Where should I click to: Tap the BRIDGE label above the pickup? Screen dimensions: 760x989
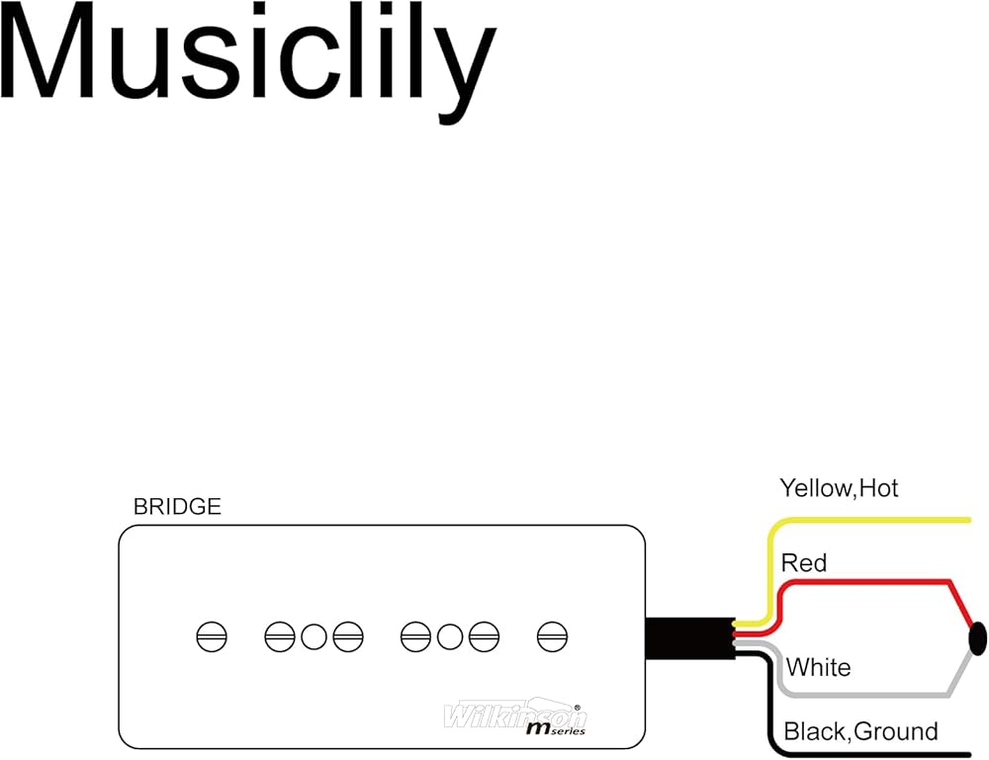point(177,507)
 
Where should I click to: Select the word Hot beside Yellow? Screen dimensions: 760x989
point(878,487)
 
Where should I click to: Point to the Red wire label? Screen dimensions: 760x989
point(803,563)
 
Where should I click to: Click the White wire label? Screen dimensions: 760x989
point(818,668)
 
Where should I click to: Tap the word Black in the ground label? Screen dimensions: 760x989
point(814,732)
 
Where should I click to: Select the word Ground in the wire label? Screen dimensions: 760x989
point(895,732)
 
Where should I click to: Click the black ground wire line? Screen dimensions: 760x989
point(870,754)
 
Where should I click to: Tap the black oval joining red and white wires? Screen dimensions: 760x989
point(978,638)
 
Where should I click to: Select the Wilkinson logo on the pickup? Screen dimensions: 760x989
point(514,713)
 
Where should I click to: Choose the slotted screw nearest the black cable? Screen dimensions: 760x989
point(552,637)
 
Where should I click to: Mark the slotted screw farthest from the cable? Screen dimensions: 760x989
point(212,637)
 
